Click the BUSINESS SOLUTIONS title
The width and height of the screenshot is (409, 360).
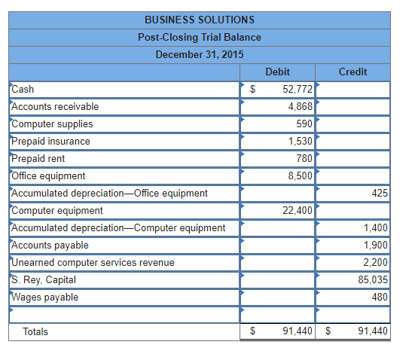[x=200, y=20]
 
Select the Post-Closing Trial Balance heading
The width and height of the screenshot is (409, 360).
[x=200, y=37]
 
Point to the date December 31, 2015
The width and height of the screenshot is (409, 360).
[x=200, y=54]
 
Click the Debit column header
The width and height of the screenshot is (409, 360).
[x=278, y=72]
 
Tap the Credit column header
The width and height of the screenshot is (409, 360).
[x=353, y=72]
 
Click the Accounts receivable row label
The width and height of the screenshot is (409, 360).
[x=55, y=107]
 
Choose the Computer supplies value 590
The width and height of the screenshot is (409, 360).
[x=304, y=124]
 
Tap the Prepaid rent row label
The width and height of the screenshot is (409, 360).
[x=38, y=159]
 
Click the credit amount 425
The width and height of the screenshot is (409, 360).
[x=380, y=194]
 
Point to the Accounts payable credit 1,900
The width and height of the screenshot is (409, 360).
[x=375, y=246]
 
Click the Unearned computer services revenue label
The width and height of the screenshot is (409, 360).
[x=93, y=263]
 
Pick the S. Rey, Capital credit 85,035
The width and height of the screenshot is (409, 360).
[x=373, y=280]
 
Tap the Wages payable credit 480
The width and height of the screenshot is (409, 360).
[x=380, y=297]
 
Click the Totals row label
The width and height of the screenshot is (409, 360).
[x=35, y=331]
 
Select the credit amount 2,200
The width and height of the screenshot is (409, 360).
[x=375, y=263]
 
